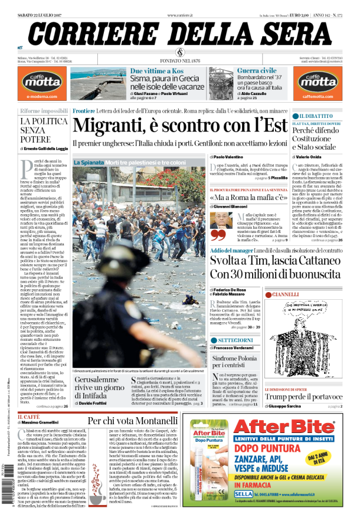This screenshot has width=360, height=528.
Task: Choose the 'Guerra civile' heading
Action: pyautogui.click(x=257, y=71)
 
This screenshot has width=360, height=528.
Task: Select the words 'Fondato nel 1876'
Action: pyautogui.click(x=179, y=61)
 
